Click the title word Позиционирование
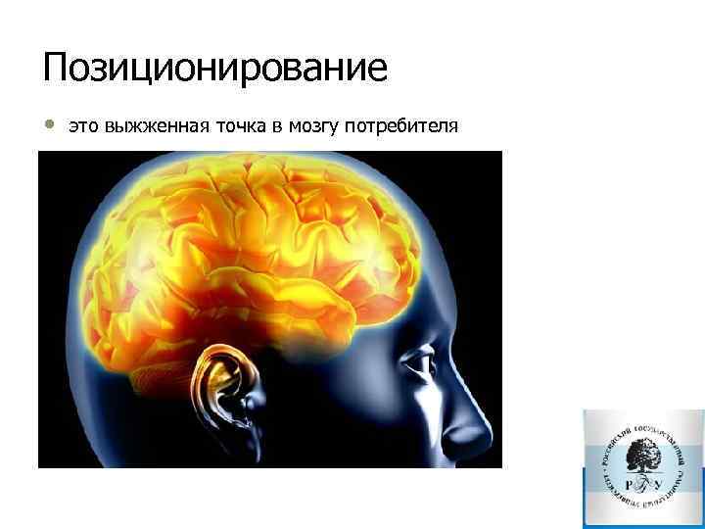click(x=215, y=70)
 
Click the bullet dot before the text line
click(x=49, y=125)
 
